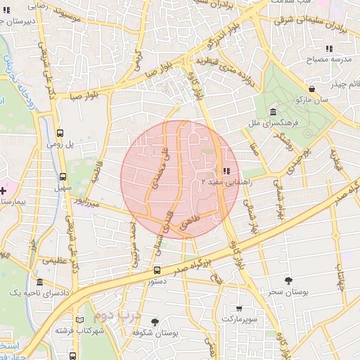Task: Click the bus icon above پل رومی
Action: pyautogui.click(x=60, y=132)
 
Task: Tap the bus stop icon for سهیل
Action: pyautogui.click(x=63, y=178)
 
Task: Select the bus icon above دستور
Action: pyautogui.click(x=157, y=270)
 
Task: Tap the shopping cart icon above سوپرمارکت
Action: pyautogui.click(x=239, y=309)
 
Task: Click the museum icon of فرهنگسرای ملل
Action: pyautogui.click(x=273, y=112)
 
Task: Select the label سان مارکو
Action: pyautogui.click(x=311, y=100)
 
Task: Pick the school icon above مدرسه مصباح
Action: pyautogui.click(x=328, y=49)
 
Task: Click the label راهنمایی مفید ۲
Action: pyautogui.click(x=222, y=181)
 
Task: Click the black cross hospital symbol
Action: pyautogui.click(x=4, y=191)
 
